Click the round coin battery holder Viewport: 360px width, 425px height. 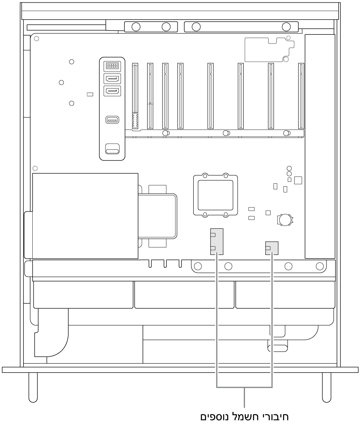285,220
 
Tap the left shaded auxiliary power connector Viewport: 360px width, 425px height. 216,242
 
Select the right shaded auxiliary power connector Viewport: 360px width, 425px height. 271,248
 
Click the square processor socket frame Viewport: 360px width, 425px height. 216,195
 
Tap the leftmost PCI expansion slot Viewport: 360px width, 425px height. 135,96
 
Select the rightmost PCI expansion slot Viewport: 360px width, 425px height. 301,96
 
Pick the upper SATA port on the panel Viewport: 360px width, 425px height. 112,79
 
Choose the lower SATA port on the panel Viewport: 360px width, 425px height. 112,91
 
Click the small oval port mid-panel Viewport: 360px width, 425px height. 112,120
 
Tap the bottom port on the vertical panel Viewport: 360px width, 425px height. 112,149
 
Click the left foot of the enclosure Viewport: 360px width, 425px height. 33,387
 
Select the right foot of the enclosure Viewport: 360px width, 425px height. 326,387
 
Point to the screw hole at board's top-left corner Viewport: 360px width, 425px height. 36,39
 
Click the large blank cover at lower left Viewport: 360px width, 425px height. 85,216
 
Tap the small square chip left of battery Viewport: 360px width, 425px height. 268,213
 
